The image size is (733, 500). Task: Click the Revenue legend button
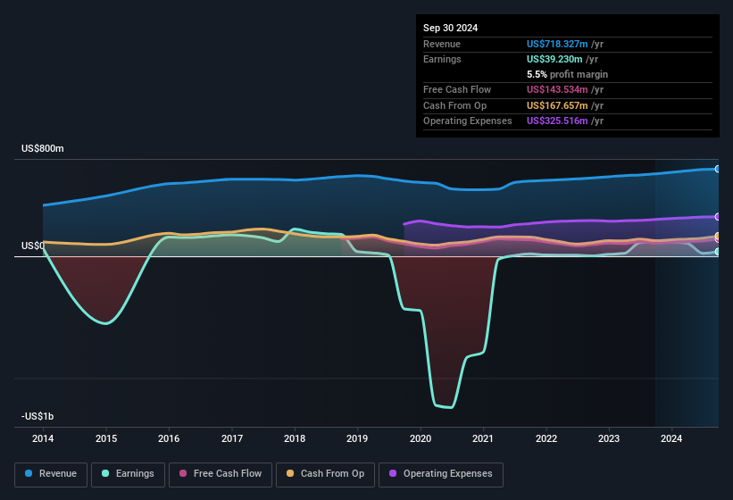point(51,474)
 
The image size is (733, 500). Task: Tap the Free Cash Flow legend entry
point(221,474)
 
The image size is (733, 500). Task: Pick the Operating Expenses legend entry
point(441,474)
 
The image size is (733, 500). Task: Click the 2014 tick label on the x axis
point(43,438)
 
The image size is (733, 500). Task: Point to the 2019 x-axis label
point(357,438)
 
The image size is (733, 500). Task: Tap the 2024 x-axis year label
point(671,438)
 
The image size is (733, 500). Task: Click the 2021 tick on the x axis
point(483,438)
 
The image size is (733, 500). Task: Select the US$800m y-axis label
point(43,148)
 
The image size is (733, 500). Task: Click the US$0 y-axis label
point(32,246)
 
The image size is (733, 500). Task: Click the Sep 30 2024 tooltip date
point(450,28)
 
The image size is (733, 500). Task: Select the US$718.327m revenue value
point(557,44)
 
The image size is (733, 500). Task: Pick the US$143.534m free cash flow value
point(557,89)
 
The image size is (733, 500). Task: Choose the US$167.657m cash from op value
point(557,105)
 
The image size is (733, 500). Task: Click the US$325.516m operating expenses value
point(557,121)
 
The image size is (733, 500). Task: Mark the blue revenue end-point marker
point(718,169)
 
